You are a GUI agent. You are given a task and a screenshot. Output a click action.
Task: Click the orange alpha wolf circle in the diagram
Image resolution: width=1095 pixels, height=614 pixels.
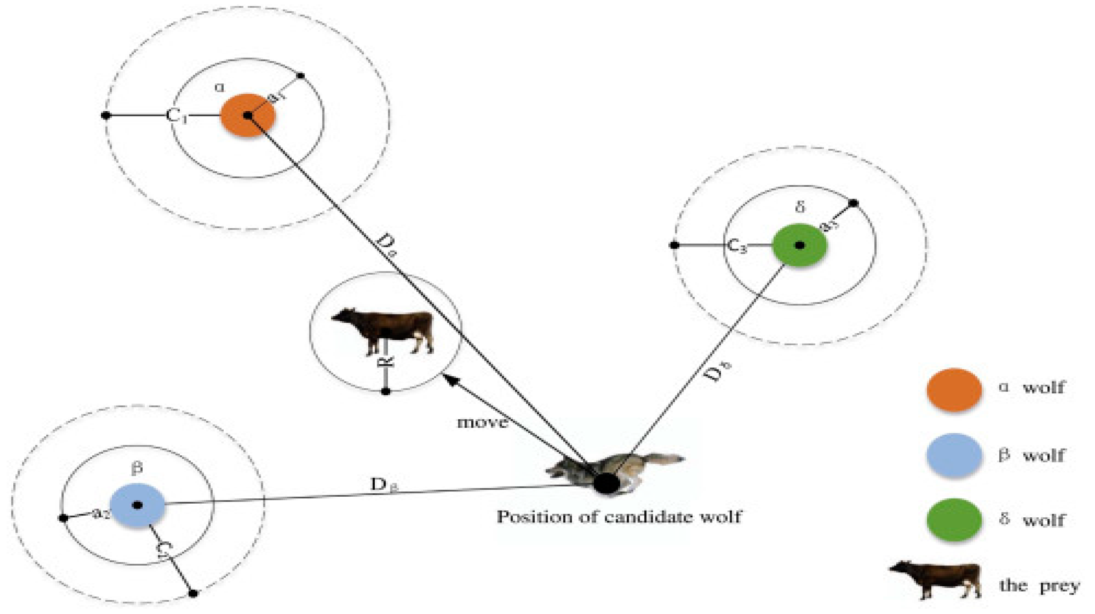[x=247, y=115]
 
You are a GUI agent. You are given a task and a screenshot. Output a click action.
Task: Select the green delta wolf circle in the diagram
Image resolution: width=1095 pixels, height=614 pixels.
[x=799, y=245]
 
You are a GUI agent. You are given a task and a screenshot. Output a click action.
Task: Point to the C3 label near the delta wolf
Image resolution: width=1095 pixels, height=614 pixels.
[x=736, y=246]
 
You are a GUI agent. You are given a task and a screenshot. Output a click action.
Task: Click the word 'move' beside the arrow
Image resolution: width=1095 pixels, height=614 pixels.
[x=482, y=422]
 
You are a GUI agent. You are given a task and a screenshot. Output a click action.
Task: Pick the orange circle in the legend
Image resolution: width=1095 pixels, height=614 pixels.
[x=954, y=389]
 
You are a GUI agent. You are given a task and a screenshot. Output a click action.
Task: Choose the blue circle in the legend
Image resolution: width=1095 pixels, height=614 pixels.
[x=954, y=455]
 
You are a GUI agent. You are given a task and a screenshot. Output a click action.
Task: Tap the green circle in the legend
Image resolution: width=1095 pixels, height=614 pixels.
[x=954, y=519]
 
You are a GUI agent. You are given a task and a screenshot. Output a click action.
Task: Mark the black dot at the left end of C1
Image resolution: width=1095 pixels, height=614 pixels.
[x=106, y=115]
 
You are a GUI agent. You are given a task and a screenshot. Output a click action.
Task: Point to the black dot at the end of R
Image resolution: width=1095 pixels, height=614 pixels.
[x=386, y=391]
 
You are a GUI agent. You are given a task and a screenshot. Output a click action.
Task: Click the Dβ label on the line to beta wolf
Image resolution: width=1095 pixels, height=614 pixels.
[x=383, y=485]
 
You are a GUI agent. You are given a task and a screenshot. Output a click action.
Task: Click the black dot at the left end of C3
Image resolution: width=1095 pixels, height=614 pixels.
[x=674, y=245]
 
